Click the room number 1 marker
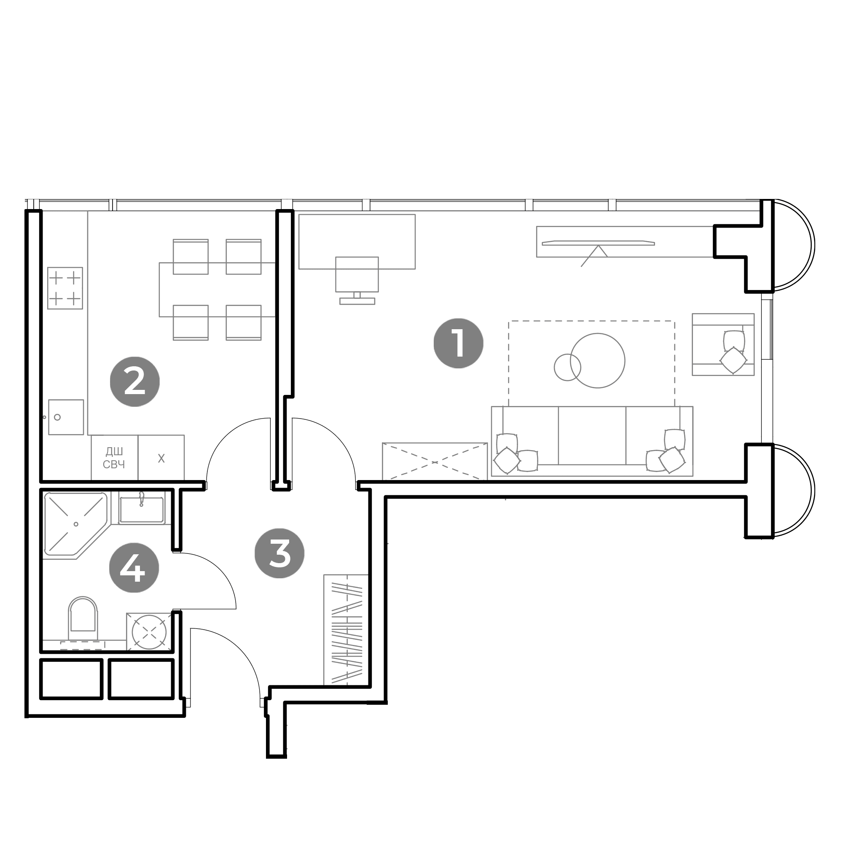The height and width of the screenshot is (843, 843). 458,344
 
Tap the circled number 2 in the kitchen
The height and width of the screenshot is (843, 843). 134,382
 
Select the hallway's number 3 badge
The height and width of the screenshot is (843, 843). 280,553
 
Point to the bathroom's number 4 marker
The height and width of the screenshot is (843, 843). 134,568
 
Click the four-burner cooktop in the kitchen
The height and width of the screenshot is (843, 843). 65,288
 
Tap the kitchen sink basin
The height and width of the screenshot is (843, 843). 66,417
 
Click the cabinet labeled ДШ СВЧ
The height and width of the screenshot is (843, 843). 114,458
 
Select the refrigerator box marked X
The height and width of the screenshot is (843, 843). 161,458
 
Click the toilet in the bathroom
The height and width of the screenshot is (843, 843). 83,617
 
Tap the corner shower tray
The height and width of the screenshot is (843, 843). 75,525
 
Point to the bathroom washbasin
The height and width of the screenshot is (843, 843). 141,509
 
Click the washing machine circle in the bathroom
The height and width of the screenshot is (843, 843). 149,632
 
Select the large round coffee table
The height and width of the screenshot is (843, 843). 597,360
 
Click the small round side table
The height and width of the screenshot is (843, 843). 567,368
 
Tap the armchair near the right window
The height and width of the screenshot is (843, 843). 723,344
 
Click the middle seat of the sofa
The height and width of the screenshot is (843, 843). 592,435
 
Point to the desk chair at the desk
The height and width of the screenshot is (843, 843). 357,274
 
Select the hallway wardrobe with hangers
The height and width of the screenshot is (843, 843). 346,630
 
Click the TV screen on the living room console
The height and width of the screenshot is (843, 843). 598,243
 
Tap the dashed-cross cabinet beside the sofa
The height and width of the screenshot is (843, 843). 435,462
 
